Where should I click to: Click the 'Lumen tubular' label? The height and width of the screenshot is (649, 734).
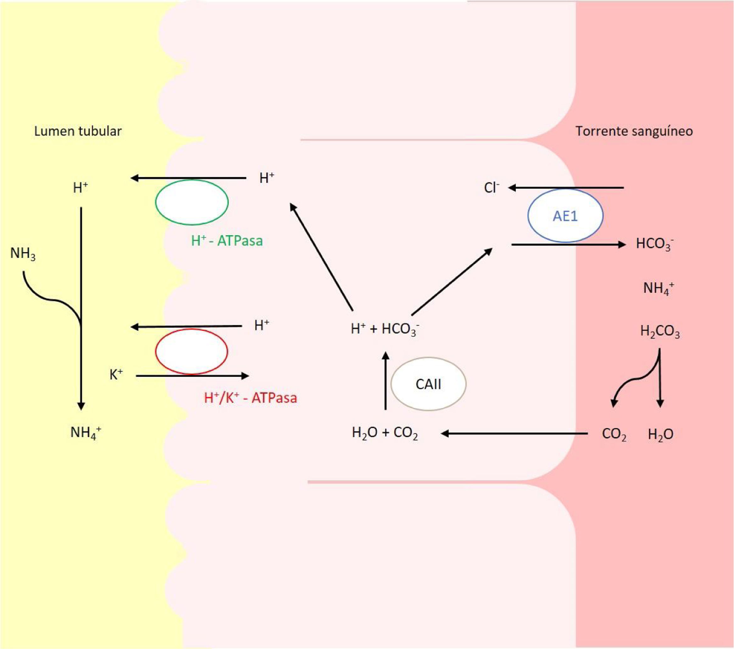[x=78, y=131]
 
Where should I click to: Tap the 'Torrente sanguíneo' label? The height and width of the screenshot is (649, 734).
[x=634, y=131]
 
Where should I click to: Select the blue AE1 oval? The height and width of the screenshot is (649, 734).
[x=565, y=215]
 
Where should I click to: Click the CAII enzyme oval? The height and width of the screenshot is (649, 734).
[x=428, y=384]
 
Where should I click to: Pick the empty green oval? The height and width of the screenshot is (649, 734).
[x=192, y=202]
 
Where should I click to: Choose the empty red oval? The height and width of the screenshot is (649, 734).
[x=191, y=351]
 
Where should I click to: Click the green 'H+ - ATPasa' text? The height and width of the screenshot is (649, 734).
[x=227, y=241]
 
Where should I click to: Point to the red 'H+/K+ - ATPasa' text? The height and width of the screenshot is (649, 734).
[x=250, y=398]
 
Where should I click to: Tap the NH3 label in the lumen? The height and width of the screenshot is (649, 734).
[x=23, y=254]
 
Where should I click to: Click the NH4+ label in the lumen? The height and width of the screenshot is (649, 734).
[x=86, y=433]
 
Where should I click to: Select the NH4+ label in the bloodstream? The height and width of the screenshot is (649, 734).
[x=658, y=288]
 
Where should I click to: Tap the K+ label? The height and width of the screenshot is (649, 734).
[x=116, y=375]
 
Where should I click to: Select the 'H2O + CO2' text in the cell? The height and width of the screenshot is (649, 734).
[x=384, y=433]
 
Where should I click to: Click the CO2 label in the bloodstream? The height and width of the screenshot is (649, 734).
[x=614, y=434]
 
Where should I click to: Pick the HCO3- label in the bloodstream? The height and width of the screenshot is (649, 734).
[x=654, y=243]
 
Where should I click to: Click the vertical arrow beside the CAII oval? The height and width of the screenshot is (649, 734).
[x=385, y=381]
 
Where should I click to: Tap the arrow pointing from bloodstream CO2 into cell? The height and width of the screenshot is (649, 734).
[x=513, y=434]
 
